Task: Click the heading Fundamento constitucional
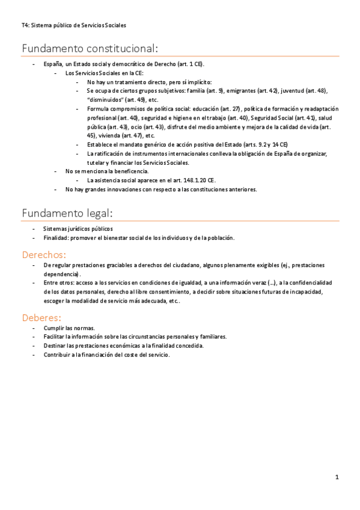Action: pyautogui.click(x=90, y=48)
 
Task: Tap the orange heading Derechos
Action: pyautogui.click(x=43, y=254)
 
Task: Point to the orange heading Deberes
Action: pyautogui.click(x=41, y=317)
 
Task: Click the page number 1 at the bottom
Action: pyautogui.click(x=337, y=477)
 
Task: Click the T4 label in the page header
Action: pyautogui.click(x=24, y=25)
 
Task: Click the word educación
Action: pyautogui.click(x=212, y=109)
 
